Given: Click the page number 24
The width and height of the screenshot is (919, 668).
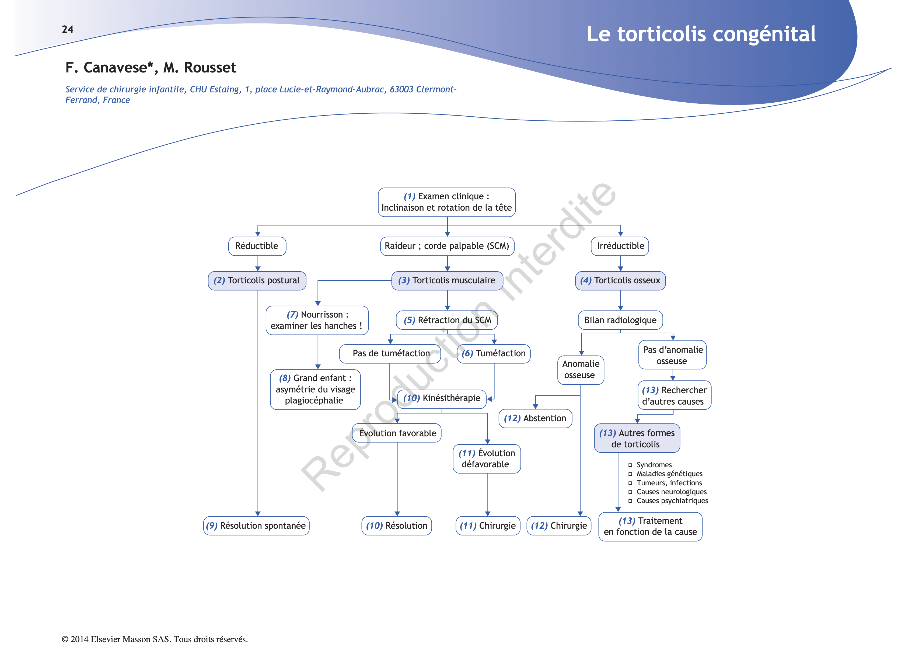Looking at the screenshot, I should pos(68,29).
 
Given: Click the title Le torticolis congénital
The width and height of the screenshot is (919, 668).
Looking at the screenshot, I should pos(701,34).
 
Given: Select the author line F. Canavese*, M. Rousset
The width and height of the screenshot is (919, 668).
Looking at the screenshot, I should pos(151,67).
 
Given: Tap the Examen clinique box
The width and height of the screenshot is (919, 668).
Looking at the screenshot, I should pos(446,202).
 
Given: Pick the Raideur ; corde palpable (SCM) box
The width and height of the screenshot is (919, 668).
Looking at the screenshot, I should pos(447,246).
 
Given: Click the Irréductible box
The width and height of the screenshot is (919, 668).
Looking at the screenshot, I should pos(620,246).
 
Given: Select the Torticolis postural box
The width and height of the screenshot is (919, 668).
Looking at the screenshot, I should pos(257,280).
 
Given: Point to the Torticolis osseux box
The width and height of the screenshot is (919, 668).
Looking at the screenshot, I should pos(620,280).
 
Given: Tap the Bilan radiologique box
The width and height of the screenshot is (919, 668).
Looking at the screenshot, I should pos(620,320).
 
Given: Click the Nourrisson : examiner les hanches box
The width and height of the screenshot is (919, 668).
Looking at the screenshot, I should pos(317,320).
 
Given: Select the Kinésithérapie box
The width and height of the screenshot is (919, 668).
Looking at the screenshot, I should pos(442,398).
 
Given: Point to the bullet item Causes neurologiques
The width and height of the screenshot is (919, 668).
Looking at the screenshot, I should pos(671,492).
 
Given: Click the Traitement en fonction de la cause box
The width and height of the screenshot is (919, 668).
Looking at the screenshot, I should pos(650,527).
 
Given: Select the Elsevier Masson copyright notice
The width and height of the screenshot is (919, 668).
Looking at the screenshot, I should pos(155,639).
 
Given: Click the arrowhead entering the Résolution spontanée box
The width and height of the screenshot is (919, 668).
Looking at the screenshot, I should pos(258,514).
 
